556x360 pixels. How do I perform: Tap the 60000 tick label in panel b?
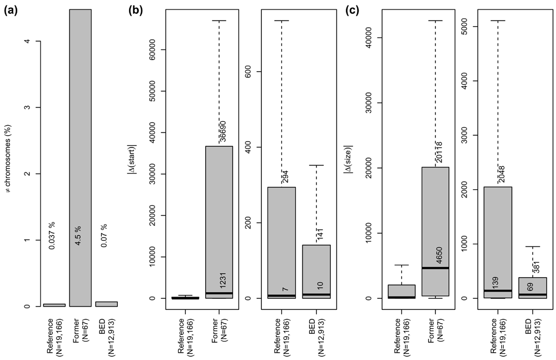(x=164, y=50)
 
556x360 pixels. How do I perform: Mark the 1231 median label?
(x=222, y=279)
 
